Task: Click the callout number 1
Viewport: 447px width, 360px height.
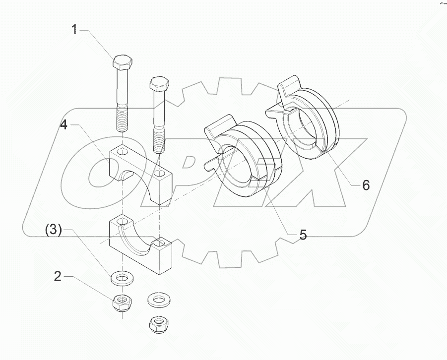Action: point(74,30)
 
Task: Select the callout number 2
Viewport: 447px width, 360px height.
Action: point(58,277)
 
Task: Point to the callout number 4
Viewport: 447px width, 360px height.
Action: point(64,124)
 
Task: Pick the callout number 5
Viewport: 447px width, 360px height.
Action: point(302,235)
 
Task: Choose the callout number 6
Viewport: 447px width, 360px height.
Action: point(365,185)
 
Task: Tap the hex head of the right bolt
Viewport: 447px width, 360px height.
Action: point(159,83)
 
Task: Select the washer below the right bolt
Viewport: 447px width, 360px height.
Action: point(157,299)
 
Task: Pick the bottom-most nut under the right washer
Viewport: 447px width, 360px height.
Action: point(158,325)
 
